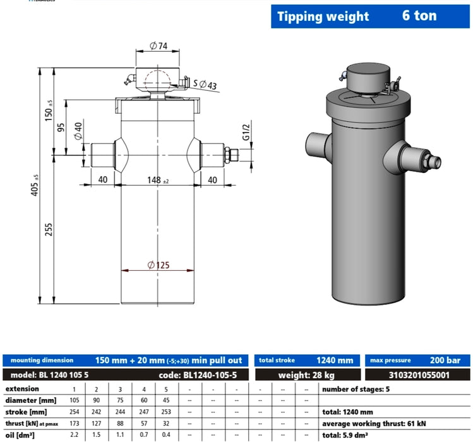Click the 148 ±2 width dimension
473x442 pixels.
tap(157, 180)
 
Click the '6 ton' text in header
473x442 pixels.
tap(419, 15)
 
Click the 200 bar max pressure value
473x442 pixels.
tap(444, 360)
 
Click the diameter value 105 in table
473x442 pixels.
tap(74, 400)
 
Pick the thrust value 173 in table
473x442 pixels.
tap(74, 423)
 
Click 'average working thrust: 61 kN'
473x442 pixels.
tap(364, 423)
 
